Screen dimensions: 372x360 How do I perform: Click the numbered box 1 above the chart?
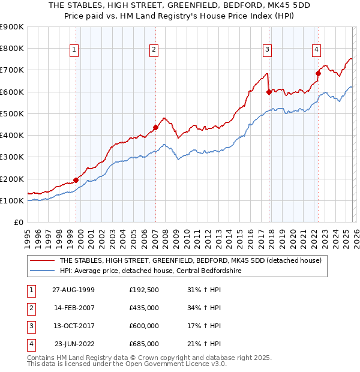tap(74, 50)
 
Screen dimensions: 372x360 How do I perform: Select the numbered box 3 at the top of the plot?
tap(267, 50)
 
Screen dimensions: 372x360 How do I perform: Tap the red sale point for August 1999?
tap(76, 180)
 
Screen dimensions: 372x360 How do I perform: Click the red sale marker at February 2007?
tap(155, 127)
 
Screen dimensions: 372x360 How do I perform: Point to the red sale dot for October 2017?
tap(269, 92)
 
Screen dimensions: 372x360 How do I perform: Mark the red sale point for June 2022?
tap(318, 73)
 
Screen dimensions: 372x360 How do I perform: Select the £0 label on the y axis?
tap(18, 223)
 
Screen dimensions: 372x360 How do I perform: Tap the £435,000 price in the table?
tap(143, 308)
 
